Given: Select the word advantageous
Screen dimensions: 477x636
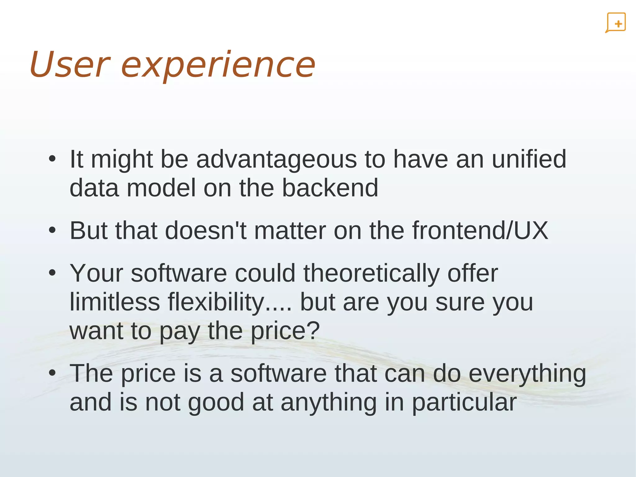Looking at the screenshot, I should click(276, 159).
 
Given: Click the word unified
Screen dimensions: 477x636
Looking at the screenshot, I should click(529, 159).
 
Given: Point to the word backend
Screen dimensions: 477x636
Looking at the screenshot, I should click(330, 188).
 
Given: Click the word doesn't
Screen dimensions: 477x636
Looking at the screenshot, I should click(206, 231).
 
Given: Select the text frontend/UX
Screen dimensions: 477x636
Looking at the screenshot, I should click(480, 231).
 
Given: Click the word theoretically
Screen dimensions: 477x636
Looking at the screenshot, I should click(371, 273).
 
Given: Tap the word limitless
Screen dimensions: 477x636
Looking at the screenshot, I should click(115, 302).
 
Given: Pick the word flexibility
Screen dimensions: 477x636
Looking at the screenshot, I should click(216, 302).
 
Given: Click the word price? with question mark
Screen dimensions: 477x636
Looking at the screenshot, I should click(285, 331).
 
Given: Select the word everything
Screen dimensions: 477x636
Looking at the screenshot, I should click(527, 374).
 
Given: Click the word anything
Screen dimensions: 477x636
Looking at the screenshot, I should click(329, 402).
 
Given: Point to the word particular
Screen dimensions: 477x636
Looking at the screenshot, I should click(464, 402).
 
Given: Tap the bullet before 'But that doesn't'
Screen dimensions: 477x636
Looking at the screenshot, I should click(52, 231).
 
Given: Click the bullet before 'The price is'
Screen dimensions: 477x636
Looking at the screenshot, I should click(52, 373).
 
